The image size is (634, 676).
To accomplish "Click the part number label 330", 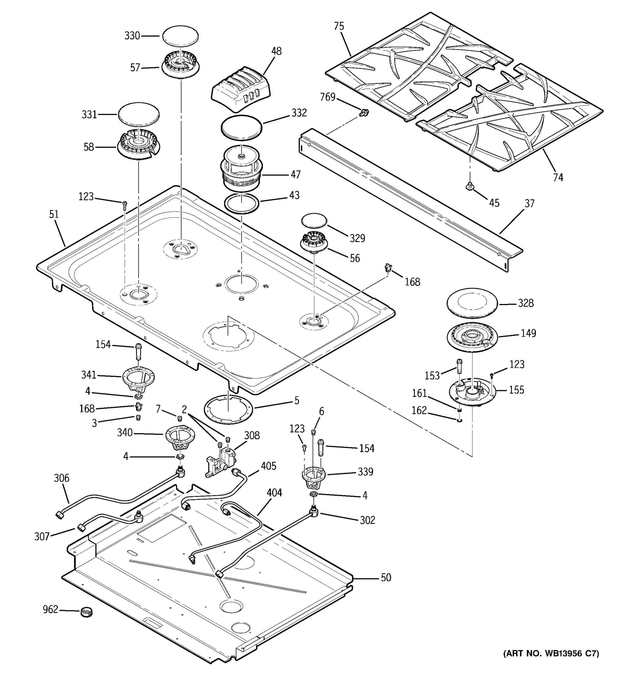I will coord(132,36).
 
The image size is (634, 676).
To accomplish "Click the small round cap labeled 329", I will coord(314,221).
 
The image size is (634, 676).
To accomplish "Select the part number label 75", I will coord(339,26).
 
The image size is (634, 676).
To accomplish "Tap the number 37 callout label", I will coord(529,203).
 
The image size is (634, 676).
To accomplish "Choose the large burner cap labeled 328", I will coord(472,303).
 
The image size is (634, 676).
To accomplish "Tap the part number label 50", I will coord(386,578).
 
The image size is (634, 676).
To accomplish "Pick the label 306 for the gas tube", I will coord(61,478).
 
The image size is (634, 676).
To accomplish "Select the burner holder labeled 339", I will coord(314,476).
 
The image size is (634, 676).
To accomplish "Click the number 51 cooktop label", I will coord(54,214).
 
